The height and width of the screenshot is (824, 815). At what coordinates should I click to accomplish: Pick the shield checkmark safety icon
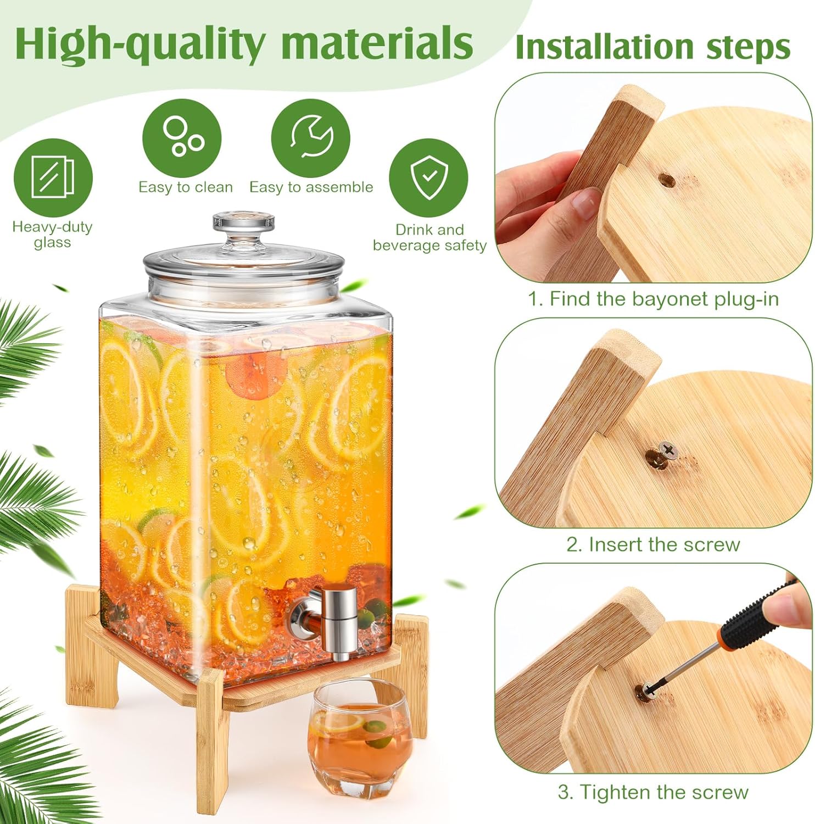(428, 177)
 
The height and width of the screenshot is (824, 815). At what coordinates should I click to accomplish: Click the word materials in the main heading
(377, 43)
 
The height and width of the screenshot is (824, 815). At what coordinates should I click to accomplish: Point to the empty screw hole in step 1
(666, 180)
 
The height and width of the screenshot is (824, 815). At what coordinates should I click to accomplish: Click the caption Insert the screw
(653, 544)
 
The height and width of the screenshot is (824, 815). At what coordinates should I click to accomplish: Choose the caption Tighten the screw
(653, 792)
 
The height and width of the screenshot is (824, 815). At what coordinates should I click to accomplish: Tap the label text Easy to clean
(185, 187)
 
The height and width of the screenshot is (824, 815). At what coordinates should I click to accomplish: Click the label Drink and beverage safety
(429, 237)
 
